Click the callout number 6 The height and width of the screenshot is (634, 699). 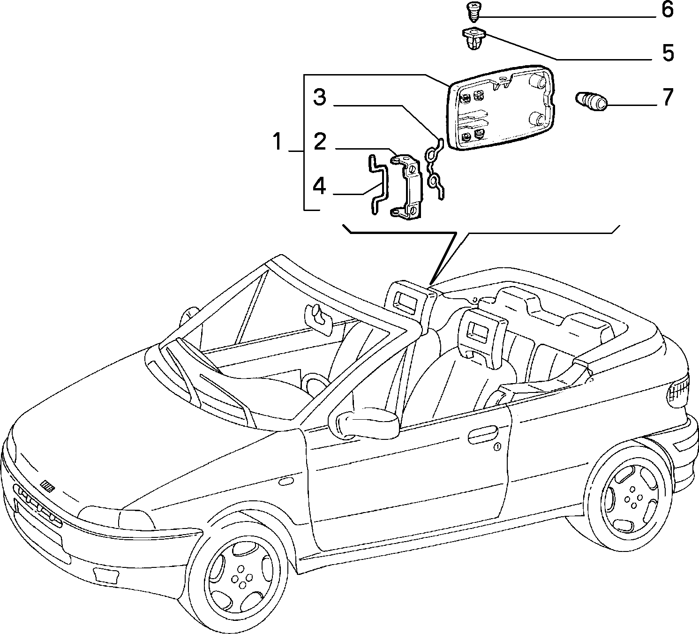pyautogui.click(x=667, y=10)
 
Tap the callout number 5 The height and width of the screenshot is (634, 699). pyautogui.click(x=668, y=53)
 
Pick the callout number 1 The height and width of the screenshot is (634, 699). pyautogui.click(x=278, y=142)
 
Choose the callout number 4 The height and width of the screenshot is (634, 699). pyautogui.click(x=319, y=186)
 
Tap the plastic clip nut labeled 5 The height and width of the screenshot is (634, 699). pyautogui.click(x=474, y=39)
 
